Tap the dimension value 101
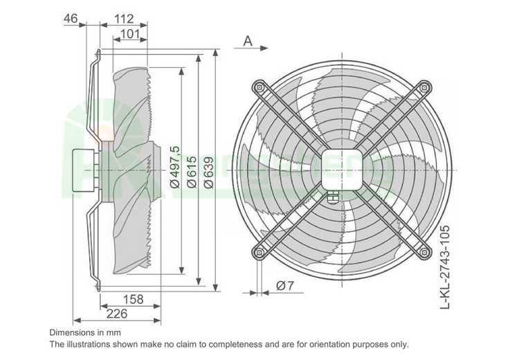pos(131,33)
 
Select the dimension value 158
pos(131,300)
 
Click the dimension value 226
pos(116,314)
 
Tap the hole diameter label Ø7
pos(285,286)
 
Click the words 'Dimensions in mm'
pos(86,332)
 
